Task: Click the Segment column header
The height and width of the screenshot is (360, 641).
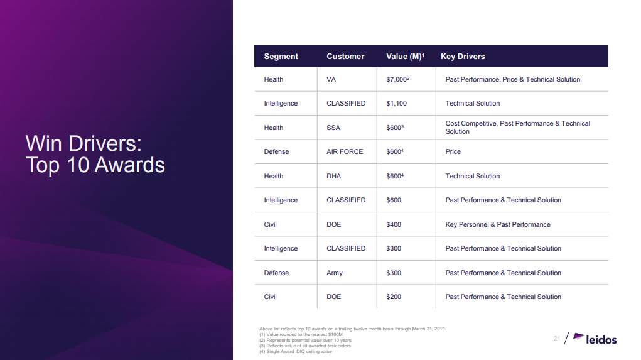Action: [x=281, y=57]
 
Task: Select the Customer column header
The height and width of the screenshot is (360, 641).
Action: [x=345, y=57]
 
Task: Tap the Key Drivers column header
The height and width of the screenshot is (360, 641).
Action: [x=463, y=57]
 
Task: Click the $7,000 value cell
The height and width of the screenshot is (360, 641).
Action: [x=397, y=79]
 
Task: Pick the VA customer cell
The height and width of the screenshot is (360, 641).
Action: [x=331, y=79]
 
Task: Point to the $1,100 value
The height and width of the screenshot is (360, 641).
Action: [x=396, y=104]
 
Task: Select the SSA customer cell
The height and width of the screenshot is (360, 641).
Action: [x=333, y=128]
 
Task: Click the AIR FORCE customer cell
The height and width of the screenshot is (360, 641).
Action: [x=345, y=152]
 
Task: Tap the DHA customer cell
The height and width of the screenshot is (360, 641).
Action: [x=333, y=176]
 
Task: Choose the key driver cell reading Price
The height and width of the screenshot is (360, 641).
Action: [x=453, y=152]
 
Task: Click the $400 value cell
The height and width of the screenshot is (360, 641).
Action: [x=393, y=224]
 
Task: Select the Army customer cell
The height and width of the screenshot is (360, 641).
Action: [x=335, y=273]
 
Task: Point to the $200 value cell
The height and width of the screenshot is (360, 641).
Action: [x=393, y=297]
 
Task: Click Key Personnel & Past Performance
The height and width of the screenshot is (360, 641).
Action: [x=497, y=224]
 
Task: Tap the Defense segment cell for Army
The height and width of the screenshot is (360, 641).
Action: [x=276, y=273]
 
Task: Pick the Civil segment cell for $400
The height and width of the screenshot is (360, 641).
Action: [x=270, y=224]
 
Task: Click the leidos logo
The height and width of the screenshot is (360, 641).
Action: [x=595, y=339]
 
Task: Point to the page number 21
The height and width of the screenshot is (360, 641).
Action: [x=557, y=338]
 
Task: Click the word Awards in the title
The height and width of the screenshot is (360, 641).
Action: [x=130, y=165]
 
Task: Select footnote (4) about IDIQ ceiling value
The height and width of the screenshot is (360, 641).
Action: [x=296, y=351]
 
